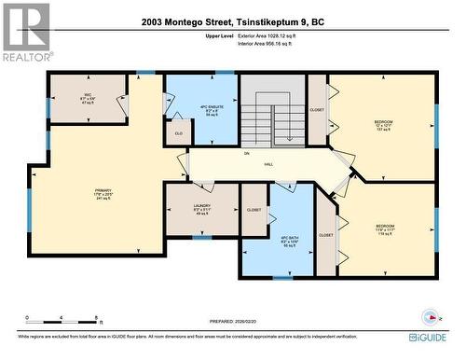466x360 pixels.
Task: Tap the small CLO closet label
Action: point(178,133)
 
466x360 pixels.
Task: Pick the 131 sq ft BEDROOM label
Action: point(383,126)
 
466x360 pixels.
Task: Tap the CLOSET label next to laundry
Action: point(254,210)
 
